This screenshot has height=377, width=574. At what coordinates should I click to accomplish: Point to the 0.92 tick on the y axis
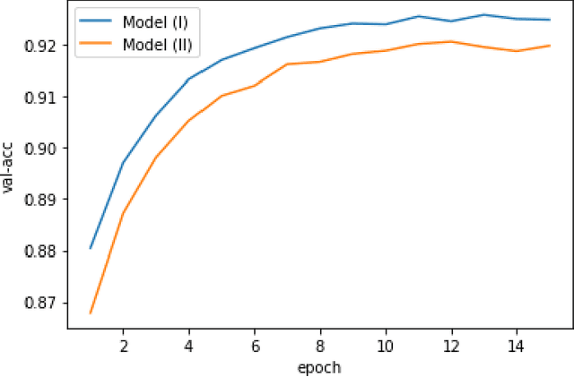point(43,45)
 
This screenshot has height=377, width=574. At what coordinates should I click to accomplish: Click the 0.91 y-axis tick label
point(43,97)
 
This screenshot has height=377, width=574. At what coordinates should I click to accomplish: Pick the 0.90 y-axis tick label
point(43,148)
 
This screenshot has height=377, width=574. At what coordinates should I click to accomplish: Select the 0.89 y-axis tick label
point(43,200)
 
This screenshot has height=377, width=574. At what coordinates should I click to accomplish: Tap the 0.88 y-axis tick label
point(43,251)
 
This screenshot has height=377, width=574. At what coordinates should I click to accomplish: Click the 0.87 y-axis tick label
point(43,303)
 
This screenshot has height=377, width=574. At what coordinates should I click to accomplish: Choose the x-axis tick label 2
point(124,345)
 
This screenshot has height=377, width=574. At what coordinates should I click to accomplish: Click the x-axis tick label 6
point(255,345)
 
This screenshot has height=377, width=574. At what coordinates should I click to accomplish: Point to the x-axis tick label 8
point(320,345)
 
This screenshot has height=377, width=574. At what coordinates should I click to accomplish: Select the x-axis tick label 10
point(386,345)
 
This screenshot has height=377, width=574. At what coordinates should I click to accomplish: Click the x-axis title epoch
point(320,366)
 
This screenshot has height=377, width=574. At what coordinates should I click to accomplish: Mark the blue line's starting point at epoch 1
point(91,248)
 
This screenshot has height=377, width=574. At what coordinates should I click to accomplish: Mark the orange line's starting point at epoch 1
point(91,313)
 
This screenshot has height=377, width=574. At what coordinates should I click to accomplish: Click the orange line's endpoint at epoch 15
point(549,46)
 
